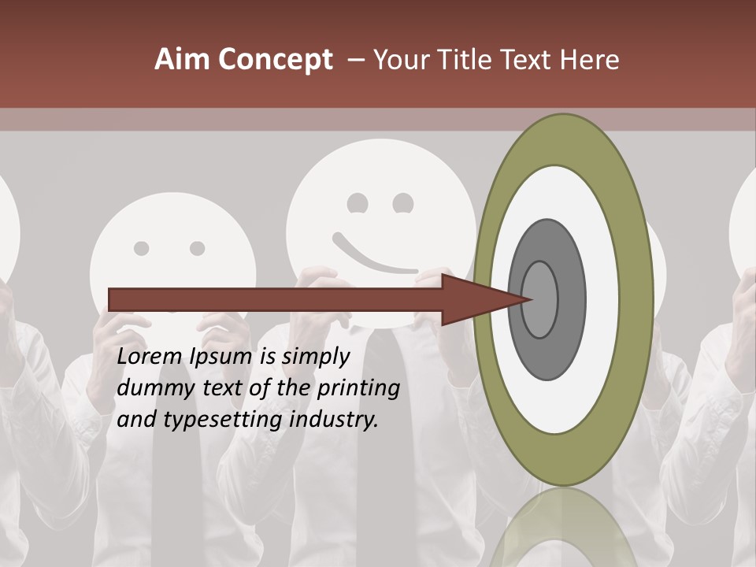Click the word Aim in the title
[x=183, y=60]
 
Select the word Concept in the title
[x=276, y=60]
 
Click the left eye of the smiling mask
[x=358, y=203]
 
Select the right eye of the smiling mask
[x=403, y=203]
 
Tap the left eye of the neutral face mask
[x=142, y=249]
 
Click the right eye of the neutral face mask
[x=197, y=249]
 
